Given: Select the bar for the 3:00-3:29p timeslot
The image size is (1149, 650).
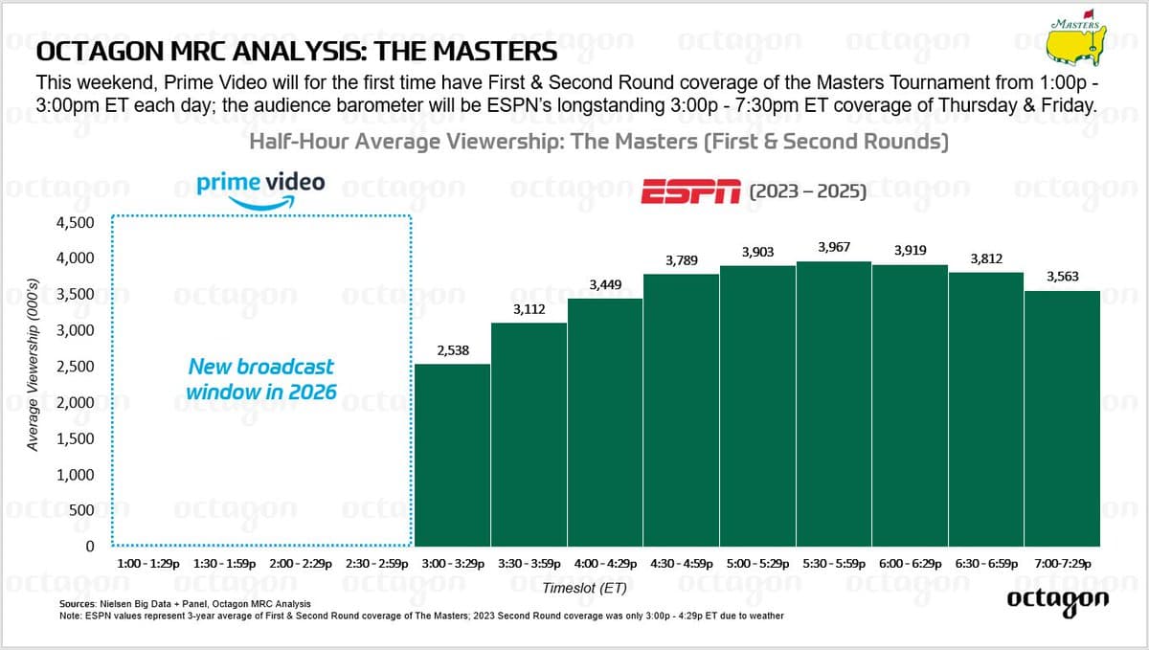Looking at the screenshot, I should (x=452, y=455).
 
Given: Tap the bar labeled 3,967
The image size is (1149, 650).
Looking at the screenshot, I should (x=833, y=403).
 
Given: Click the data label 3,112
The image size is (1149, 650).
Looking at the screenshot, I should (x=529, y=308).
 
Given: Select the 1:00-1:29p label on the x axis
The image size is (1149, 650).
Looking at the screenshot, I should (x=147, y=565).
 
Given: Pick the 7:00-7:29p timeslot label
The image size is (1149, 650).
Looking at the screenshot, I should (x=1062, y=565).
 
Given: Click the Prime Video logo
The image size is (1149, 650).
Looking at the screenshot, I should (x=259, y=187).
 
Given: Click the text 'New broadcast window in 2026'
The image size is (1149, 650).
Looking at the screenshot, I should (x=260, y=379).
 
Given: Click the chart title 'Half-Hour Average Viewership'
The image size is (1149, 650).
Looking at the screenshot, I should (x=598, y=144).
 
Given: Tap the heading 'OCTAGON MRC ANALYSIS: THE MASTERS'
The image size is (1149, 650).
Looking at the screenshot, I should (x=296, y=50).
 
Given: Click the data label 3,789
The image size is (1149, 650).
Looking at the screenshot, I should (x=681, y=259).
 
